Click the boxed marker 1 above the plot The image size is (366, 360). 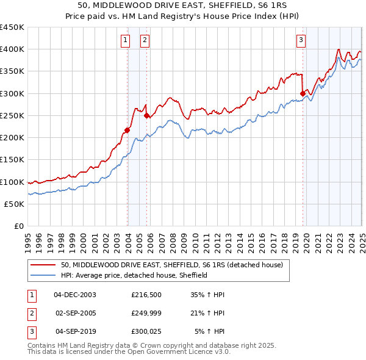[x=125, y=40]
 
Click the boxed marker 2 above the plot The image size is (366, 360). [x=145, y=40]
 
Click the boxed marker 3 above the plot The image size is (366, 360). [x=301, y=40]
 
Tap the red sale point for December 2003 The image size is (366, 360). [x=127, y=130]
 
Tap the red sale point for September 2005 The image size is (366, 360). [x=146, y=115]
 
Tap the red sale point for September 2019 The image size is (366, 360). [x=303, y=93]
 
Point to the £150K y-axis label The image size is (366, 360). [x=12, y=160]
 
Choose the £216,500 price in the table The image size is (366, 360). [x=145, y=295]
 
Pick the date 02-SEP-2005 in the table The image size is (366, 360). [x=76, y=313]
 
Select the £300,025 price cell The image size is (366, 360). [x=145, y=332]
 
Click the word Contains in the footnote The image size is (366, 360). [x=42, y=345]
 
